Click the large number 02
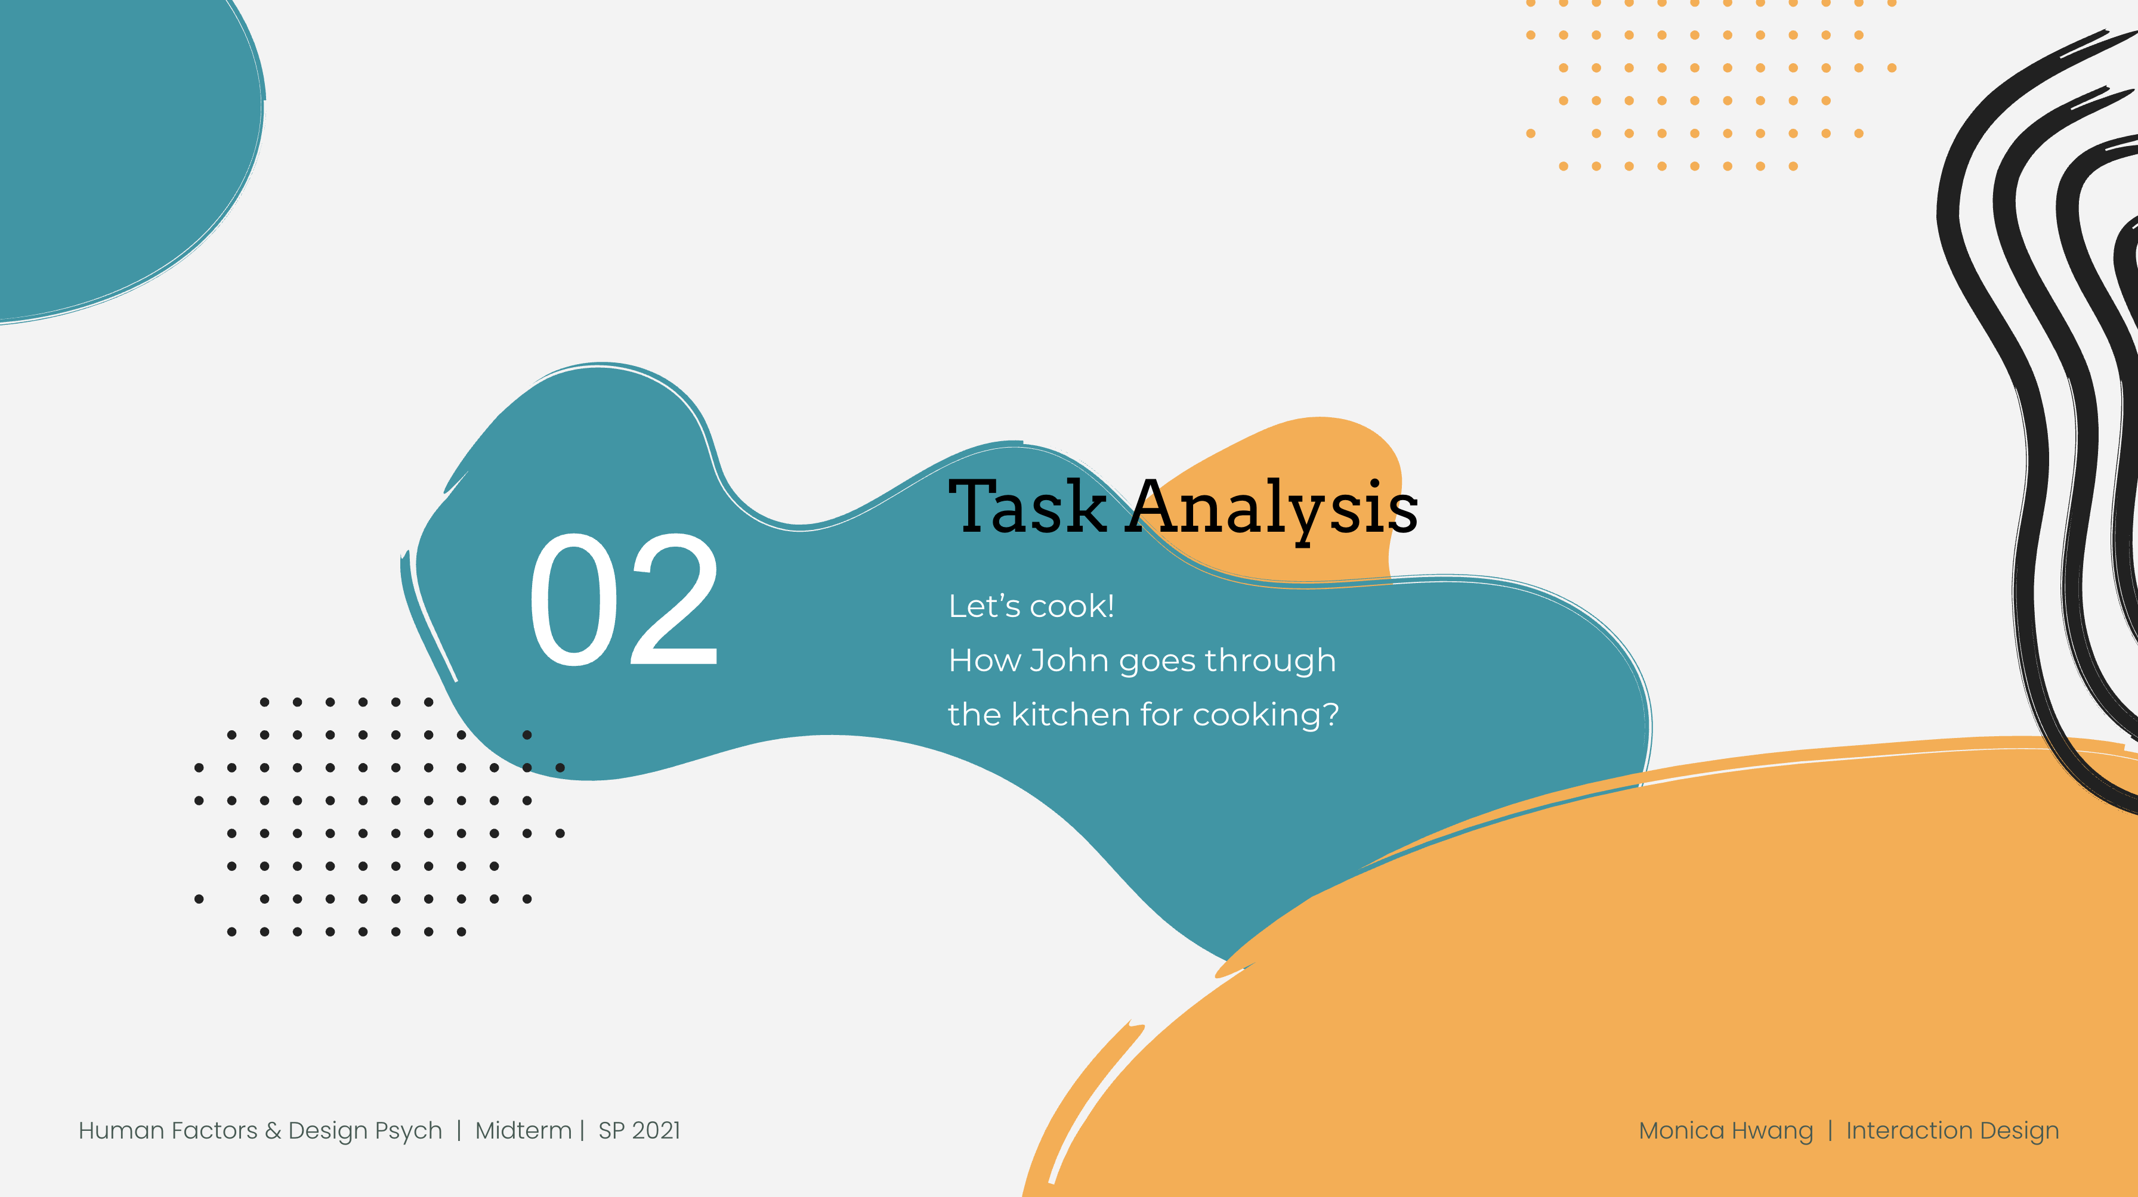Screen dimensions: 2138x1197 [623, 599]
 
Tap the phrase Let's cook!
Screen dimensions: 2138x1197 [1031, 606]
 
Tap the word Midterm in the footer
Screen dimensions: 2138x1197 [523, 1131]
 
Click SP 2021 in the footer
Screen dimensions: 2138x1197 [639, 1131]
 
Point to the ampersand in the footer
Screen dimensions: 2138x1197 [272, 1131]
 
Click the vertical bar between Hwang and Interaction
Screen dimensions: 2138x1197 [1830, 1131]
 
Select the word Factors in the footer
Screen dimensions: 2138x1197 [214, 1131]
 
